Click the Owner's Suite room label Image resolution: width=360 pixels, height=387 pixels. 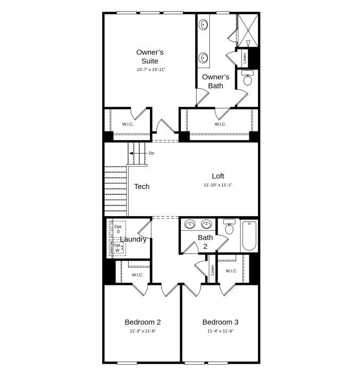(150, 56)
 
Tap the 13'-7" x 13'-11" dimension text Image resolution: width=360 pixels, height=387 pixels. (150, 70)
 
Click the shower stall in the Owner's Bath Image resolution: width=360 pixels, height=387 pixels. (247, 31)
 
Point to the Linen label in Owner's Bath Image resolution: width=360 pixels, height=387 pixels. (245, 58)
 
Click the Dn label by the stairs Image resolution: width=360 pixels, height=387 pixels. (151, 153)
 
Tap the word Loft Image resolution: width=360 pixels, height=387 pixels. (218, 176)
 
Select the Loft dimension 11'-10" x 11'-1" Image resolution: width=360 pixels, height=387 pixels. (218, 185)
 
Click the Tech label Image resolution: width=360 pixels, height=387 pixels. (142, 186)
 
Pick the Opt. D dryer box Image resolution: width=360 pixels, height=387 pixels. (118, 229)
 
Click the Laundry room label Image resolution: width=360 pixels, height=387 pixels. (133, 240)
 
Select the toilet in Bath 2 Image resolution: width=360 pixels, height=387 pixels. (229, 227)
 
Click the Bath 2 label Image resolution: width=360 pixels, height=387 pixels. (206, 242)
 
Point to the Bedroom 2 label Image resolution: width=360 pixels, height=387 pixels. (143, 322)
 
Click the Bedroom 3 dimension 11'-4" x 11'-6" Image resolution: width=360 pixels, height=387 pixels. (220, 331)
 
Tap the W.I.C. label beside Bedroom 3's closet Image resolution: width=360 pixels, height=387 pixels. (231, 271)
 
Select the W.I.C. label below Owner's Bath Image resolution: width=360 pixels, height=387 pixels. (220, 125)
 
